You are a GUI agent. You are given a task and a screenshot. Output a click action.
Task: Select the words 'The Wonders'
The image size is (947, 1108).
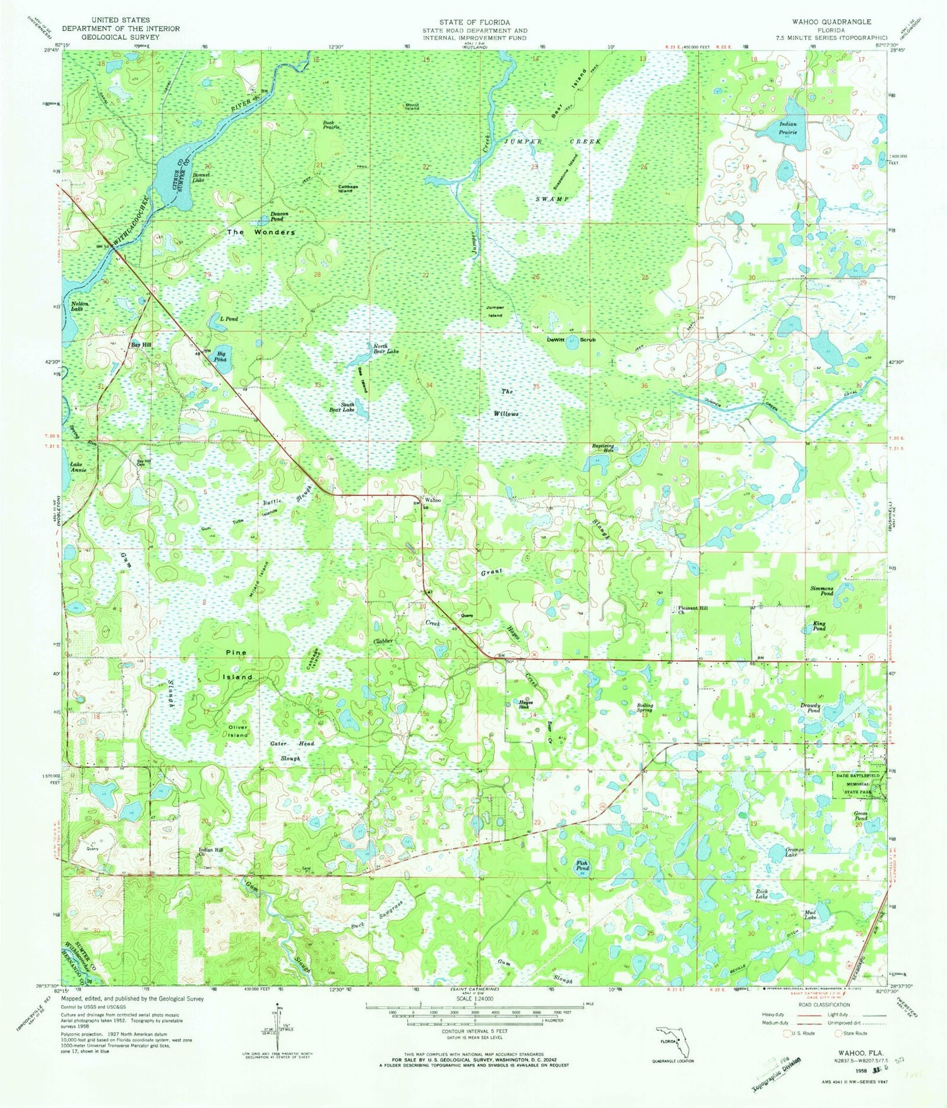click(x=261, y=232)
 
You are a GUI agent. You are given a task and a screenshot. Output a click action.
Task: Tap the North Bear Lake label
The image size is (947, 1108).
click(x=386, y=348)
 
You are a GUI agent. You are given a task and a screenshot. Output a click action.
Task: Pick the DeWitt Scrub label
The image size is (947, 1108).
click(x=571, y=339)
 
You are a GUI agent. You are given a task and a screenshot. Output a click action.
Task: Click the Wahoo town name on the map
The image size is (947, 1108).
click(x=432, y=500)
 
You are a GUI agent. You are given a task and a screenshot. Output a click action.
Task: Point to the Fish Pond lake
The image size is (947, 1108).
click(x=581, y=868)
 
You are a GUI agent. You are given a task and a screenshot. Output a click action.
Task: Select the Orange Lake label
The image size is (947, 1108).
click(x=794, y=849)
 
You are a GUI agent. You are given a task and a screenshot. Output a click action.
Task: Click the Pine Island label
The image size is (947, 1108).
click(x=234, y=664)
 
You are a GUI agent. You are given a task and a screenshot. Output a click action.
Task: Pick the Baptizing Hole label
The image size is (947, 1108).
click(x=603, y=448)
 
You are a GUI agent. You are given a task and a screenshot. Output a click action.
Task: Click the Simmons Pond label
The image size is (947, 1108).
click(x=821, y=591)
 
